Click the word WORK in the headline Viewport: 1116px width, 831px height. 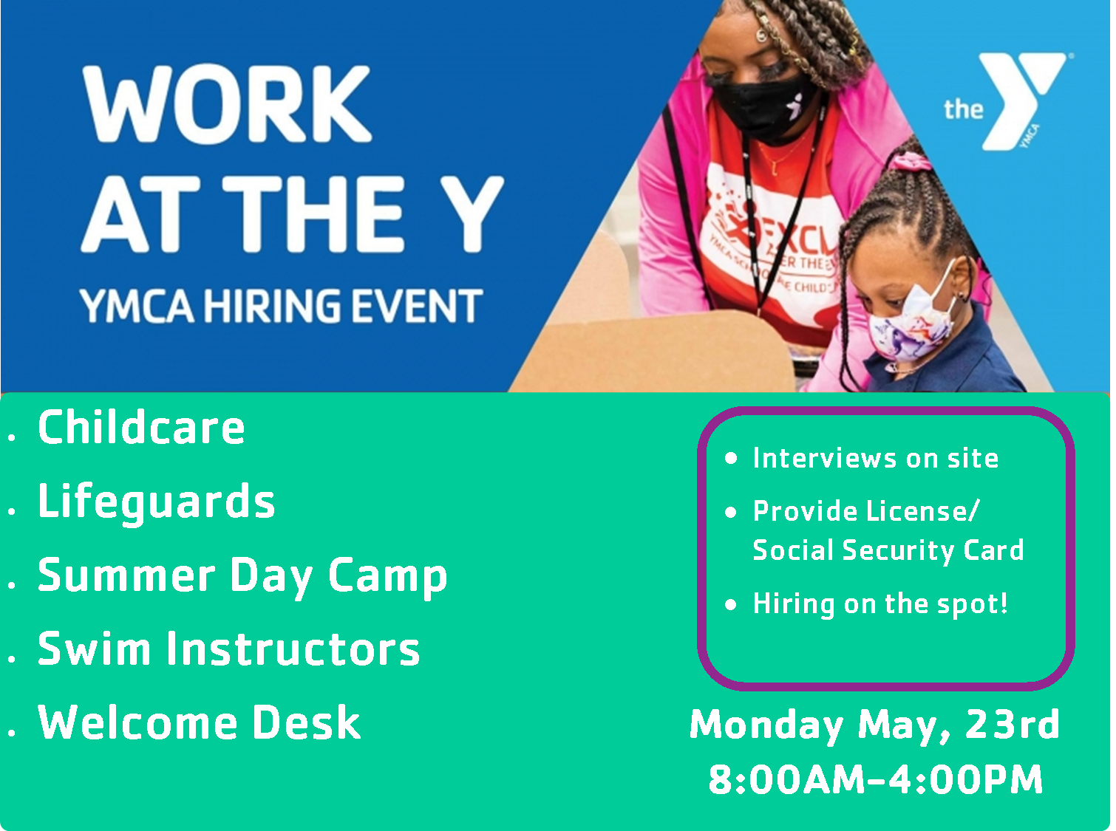[x=227, y=104]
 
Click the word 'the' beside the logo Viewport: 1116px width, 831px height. [x=963, y=109]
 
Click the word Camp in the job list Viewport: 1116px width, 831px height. [x=387, y=576]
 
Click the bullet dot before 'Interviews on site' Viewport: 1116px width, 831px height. [x=731, y=458]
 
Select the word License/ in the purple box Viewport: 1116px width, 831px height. [x=922, y=512]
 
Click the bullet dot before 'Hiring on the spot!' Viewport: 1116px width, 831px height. [x=731, y=604]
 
